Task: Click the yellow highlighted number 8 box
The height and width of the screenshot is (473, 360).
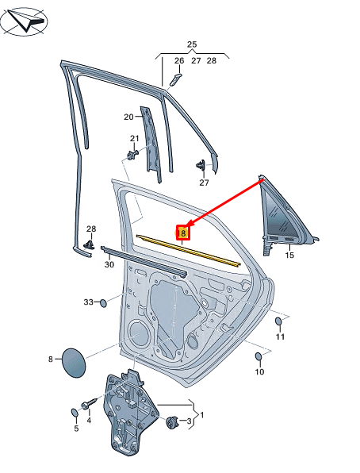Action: [182, 233]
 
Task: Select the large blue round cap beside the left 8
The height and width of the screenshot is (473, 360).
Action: [74, 360]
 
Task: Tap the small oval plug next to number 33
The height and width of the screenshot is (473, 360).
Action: [102, 302]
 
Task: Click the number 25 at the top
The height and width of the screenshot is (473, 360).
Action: [191, 44]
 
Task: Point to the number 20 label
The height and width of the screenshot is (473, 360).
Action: [128, 117]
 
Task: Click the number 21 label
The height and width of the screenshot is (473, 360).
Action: [134, 139]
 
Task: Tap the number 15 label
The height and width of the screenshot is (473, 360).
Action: [289, 255]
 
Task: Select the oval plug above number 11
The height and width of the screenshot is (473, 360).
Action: [278, 322]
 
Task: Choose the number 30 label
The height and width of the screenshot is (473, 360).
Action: [109, 264]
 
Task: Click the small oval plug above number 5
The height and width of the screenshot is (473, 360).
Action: [75, 412]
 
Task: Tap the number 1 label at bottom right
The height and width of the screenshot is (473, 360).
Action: [201, 415]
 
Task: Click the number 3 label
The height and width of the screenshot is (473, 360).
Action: [189, 421]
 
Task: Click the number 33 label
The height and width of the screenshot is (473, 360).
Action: [89, 302]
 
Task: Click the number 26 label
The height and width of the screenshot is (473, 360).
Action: [179, 60]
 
